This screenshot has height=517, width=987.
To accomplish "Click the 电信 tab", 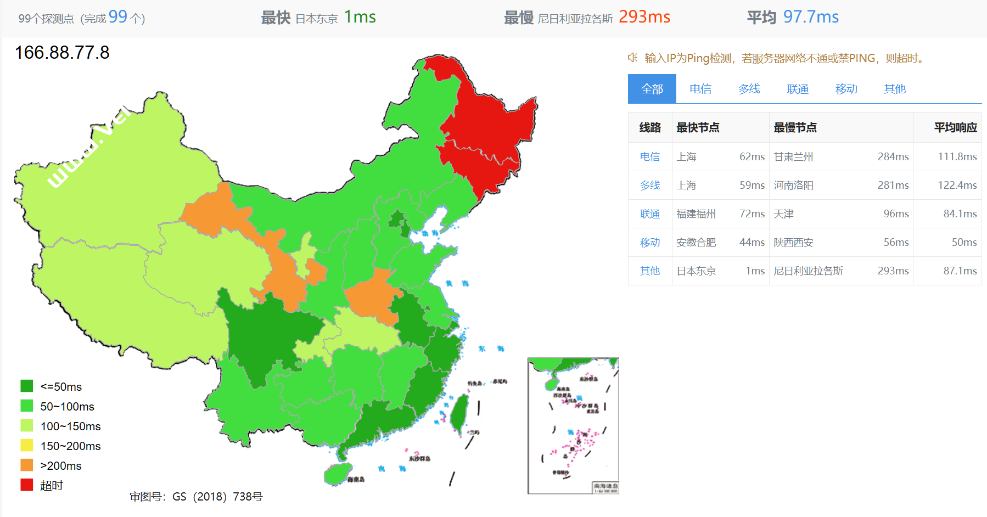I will coord(700,89).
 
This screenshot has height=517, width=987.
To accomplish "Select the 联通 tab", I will coord(798,89).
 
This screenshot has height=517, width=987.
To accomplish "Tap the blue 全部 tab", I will coord(652,89).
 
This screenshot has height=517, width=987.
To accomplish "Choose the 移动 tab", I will coord(846,89).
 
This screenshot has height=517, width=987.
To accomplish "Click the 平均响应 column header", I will coord(955,128).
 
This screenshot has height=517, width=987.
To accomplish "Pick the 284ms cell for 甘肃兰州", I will coord(893,157).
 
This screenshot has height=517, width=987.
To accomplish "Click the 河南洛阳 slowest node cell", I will coord(793,186).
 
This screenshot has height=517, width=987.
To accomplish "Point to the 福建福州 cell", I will coord(696,214).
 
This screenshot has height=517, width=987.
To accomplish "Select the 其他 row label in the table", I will coord(650,271).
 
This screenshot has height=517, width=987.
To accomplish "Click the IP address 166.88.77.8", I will coord(62,53).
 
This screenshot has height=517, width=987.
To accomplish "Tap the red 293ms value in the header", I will coord(644,17).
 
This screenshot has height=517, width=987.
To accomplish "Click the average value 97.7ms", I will coord(811,17).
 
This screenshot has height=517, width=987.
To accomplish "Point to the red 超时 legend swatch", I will coord(27,485).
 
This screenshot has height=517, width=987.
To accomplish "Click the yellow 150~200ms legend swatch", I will coord(27,446).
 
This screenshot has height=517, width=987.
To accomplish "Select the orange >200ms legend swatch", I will coord(27,465).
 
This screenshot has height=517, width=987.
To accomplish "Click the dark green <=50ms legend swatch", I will coord(27,386).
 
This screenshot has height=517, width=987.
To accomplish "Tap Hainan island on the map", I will coord(337,474).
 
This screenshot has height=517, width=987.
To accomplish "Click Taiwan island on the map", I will coord(459,412).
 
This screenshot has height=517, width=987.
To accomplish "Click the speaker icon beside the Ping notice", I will coord(632,58).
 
